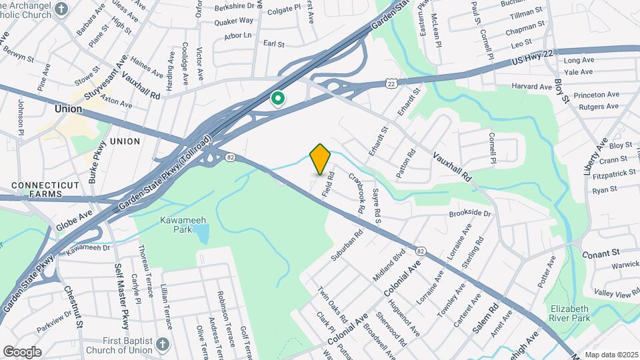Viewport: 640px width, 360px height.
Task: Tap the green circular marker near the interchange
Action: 278,99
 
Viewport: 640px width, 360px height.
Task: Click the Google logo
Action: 22,351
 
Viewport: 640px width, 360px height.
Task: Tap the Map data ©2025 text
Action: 611,355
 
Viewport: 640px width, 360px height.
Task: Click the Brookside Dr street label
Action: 469,214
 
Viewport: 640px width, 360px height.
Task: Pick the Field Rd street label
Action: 327,183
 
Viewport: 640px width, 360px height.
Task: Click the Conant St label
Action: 601,253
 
